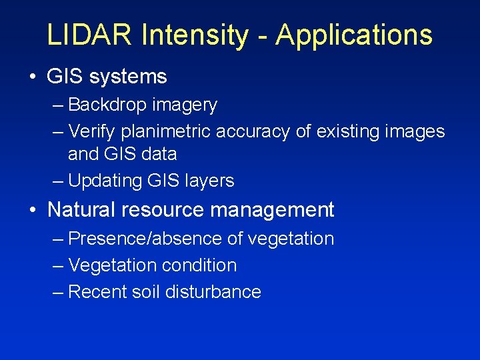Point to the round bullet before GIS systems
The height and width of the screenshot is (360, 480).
point(33,77)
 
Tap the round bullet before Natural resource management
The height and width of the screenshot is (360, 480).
point(33,211)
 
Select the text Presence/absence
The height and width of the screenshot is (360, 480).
point(136,238)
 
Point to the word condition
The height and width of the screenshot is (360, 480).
point(198,265)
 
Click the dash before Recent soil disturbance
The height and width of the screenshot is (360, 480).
point(58,292)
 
